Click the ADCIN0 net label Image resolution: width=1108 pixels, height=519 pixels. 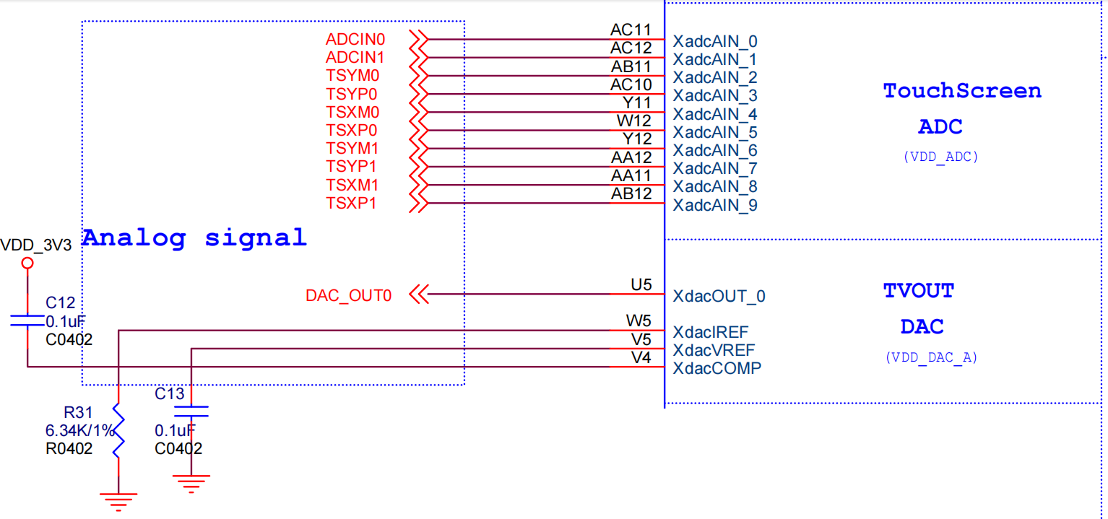click(355, 39)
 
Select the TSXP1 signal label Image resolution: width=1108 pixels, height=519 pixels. click(351, 204)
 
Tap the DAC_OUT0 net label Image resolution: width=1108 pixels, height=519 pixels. click(349, 295)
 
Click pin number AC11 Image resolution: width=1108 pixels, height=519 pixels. click(631, 30)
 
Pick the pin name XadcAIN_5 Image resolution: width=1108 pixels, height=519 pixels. click(715, 132)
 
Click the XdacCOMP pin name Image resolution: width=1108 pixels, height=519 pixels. click(717, 368)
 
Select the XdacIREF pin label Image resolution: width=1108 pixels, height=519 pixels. click(711, 332)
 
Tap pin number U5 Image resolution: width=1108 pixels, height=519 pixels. click(641, 285)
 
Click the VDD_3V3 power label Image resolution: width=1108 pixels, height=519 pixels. click(36, 245)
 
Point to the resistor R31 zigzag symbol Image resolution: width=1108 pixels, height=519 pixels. click(118, 433)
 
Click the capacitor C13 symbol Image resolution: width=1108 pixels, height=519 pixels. click(191, 411)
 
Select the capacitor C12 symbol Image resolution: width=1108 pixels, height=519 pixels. click(27, 320)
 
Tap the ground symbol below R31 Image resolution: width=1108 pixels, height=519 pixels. click(118, 499)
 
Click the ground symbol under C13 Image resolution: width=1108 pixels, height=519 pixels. click(191, 482)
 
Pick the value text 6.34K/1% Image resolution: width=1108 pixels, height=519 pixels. click(80, 431)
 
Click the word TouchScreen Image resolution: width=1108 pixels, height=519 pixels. click(962, 91)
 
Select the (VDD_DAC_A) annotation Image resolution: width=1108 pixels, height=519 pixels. click(931, 357)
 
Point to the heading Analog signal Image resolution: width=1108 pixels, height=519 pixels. click(194, 237)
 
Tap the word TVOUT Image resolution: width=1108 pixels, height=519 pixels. click(919, 291)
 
